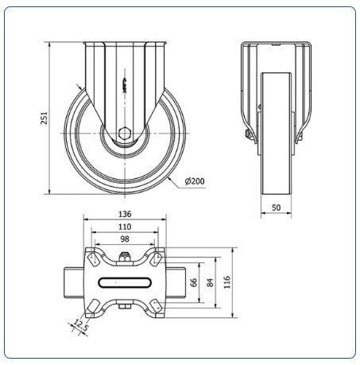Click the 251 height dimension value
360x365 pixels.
[45, 118]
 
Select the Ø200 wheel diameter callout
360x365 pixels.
[195, 181]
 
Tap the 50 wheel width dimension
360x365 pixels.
[276, 208]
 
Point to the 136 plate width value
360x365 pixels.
[125, 214]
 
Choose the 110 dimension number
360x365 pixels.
[125, 227]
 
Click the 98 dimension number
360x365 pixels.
[125, 239]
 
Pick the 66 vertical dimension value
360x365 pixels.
[194, 282]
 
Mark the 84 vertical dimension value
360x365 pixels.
[210, 282]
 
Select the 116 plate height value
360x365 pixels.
[227, 282]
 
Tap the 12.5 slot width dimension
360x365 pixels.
[80, 325]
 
